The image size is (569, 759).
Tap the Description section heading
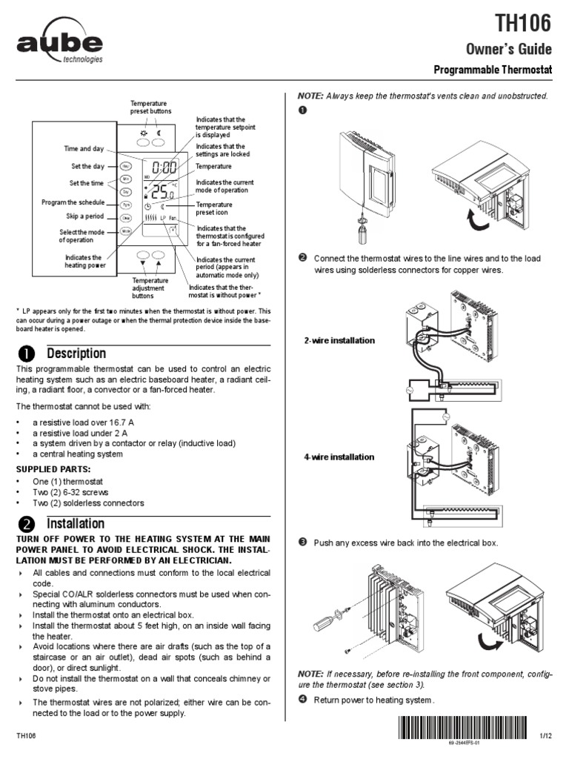pos(76,353)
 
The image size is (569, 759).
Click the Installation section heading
pos(76,524)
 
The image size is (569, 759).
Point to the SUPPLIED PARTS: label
pos(53,469)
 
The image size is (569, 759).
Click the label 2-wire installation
pos(339,340)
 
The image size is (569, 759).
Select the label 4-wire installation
pos(339,457)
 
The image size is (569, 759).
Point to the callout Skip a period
pos(84,216)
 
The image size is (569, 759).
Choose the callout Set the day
pos(87,167)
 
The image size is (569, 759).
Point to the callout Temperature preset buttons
pos(150,107)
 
